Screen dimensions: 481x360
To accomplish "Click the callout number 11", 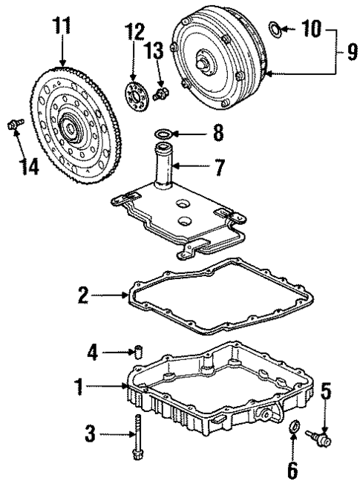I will tap(62, 27).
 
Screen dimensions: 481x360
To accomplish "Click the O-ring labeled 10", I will tap(274, 30).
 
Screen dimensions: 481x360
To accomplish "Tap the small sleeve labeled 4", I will tap(137, 350).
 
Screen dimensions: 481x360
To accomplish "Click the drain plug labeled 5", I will tap(321, 439).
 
